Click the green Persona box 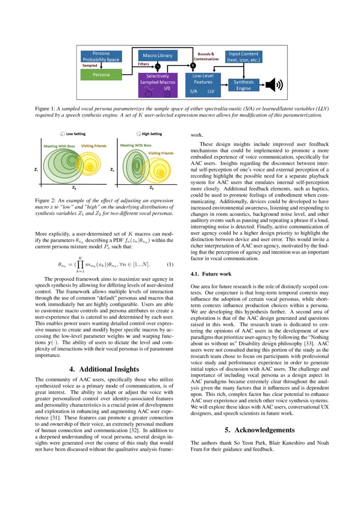click(101, 75)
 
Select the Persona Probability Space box click(101, 56)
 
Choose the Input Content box click(244, 57)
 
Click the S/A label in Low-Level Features click(194, 91)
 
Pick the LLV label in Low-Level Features click(211, 91)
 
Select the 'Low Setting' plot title click(76, 134)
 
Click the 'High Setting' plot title click(151, 134)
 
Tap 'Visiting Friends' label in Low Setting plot click(94, 146)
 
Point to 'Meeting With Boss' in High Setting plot click(136, 145)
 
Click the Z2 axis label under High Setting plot click(151, 188)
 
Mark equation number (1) click(170, 264)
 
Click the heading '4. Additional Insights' click(104, 369)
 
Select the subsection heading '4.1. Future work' click(211, 274)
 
